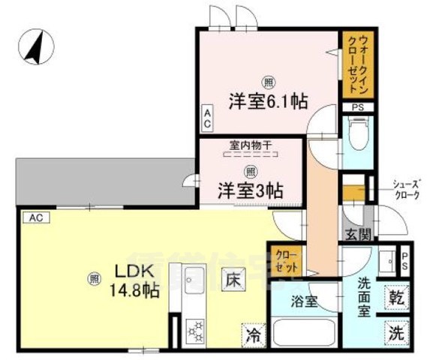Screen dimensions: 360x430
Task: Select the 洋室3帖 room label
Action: pyautogui.click(x=250, y=190)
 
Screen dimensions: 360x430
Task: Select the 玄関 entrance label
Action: pyautogui.click(x=357, y=235)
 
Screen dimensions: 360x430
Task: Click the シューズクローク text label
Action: pyautogui.click(x=407, y=192)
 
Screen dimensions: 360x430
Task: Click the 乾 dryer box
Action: pyautogui.click(x=396, y=298)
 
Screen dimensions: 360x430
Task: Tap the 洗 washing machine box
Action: pyautogui.click(x=396, y=332)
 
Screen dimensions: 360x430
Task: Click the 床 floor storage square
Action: pyautogui.click(x=233, y=279)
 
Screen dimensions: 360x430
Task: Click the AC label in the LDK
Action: pyautogui.click(x=35, y=217)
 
